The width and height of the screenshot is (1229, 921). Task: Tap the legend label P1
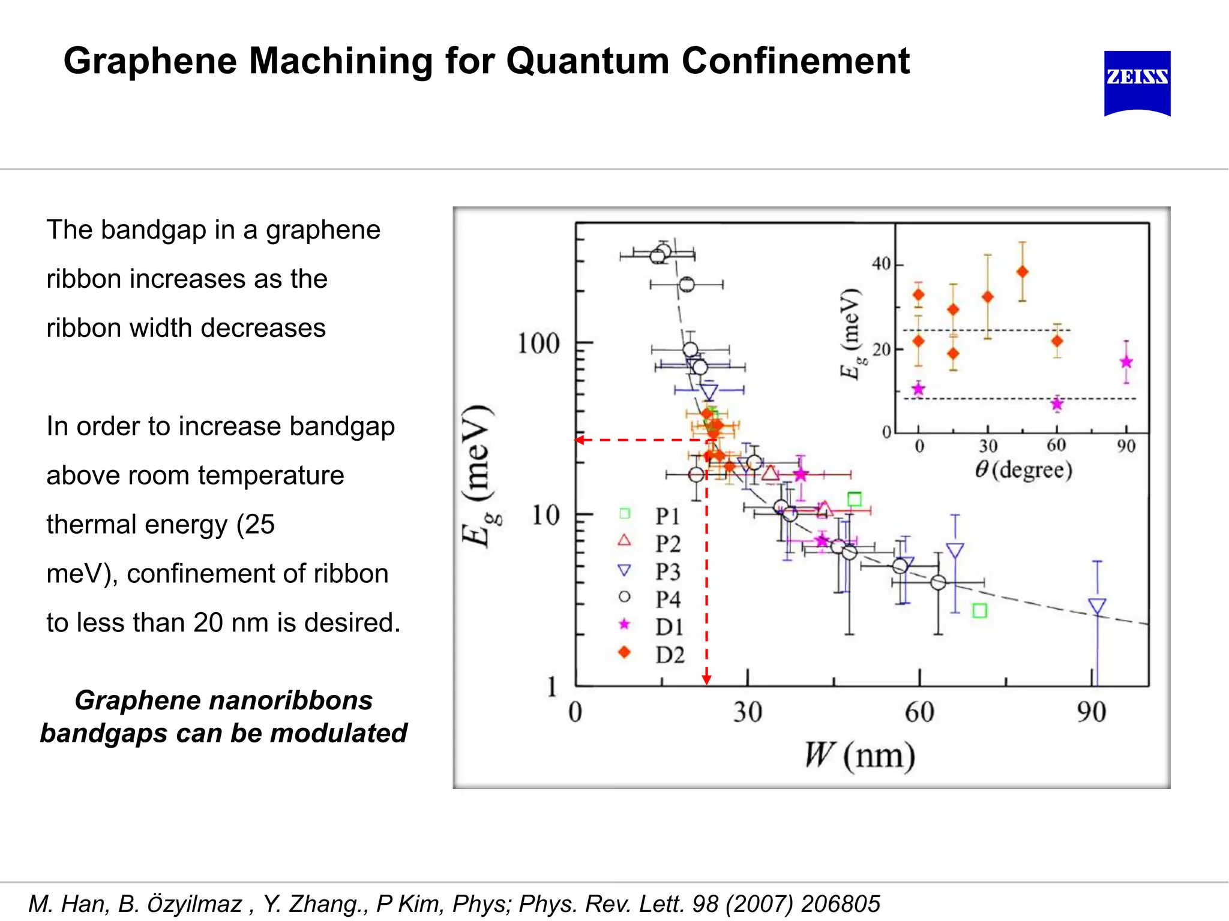coord(667,516)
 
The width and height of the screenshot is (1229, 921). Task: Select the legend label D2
coord(670,655)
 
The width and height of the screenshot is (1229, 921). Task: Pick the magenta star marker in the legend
coord(625,624)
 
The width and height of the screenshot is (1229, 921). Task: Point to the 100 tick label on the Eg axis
coord(538,344)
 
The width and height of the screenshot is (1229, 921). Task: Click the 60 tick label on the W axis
coord(919,712)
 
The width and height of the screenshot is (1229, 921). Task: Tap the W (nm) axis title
coord(859,756)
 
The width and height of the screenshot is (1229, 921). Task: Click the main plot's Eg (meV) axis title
coord(478,477)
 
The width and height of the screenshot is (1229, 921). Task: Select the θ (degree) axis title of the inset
coord(1024,469)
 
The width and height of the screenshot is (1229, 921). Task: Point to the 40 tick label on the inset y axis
coord(881,264)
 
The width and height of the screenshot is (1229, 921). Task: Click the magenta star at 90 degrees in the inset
coord(1126,362)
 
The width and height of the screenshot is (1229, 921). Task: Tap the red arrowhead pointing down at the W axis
coord(707,679)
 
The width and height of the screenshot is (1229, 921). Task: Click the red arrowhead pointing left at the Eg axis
coord(580,440)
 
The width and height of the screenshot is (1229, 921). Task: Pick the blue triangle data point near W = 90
coord(1097,606)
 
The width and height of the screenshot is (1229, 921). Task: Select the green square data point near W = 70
coord(979,611)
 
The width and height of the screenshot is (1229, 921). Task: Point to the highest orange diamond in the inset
coord(1023,272)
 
